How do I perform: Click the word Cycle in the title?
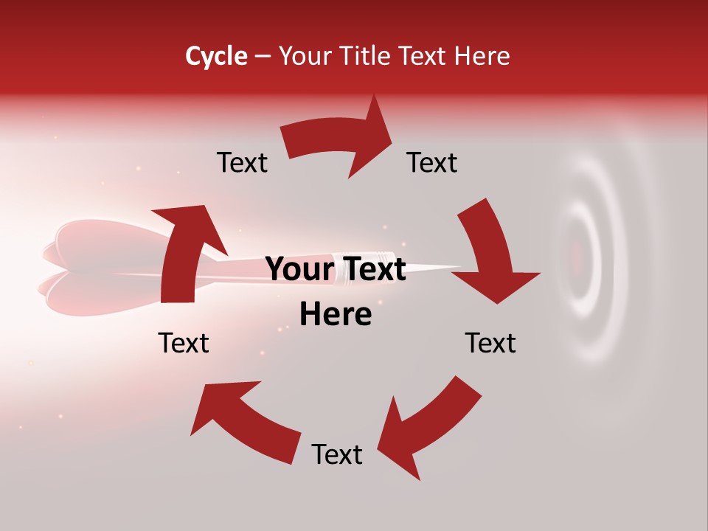pyautogui.click(x=216, y=56)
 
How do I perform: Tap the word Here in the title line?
pyautogui.click(x=482, y=56)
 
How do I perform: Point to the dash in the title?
pyautogui.click(x=263, y=57)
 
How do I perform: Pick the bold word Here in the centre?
pyautogui.click(x=336, y=315)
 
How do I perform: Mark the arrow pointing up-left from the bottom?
pyautogui.click(x=243, y=420)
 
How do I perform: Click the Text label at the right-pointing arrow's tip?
pyautogui.click(x=432, y=162)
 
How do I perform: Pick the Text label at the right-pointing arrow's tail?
pyautogui.click(x=242, y=162)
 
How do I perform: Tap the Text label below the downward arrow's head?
pyautogui.click(x=490, y=343)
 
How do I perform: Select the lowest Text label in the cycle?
pyautogui.click(x=337, y=454)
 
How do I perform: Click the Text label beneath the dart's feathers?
pyautogui.click(x=184, y=343)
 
